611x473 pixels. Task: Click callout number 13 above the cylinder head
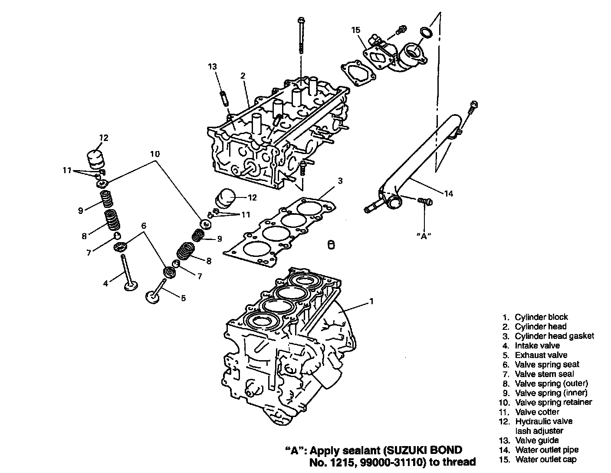pyautogui.click(x=212, y=66)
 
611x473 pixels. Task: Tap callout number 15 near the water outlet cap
pyautogui.click(x=356, y=30)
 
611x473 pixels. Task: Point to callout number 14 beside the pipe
pyautogui.click(x=448, y=194)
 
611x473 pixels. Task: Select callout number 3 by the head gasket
pyautogui.click(x=340, y=181)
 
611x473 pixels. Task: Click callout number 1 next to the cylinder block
pyautogui.click(x=371, y=302)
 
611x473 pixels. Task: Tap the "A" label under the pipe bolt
pyautogui.click(x=424, y=236)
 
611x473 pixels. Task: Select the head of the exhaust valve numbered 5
pyautogui.click(x=152, y=298)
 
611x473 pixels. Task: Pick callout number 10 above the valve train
pyautogui.click(x=155, y=154)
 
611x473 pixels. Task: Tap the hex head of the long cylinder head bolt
pyautogui.click(x=301, y=20)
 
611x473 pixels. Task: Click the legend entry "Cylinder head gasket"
pyautogui.click(x=554, y=336)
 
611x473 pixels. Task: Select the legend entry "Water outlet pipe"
pyautogui.click(x=547, y=450)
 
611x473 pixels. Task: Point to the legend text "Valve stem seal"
pyautogui.click(x=544, y=374)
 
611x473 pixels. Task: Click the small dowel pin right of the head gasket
pyautogui.click(x=331, y=245)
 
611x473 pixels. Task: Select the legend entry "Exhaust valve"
pyautogui.click(x=541, y=355)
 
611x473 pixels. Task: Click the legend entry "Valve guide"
pyautogui.click(x=537, y=440)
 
